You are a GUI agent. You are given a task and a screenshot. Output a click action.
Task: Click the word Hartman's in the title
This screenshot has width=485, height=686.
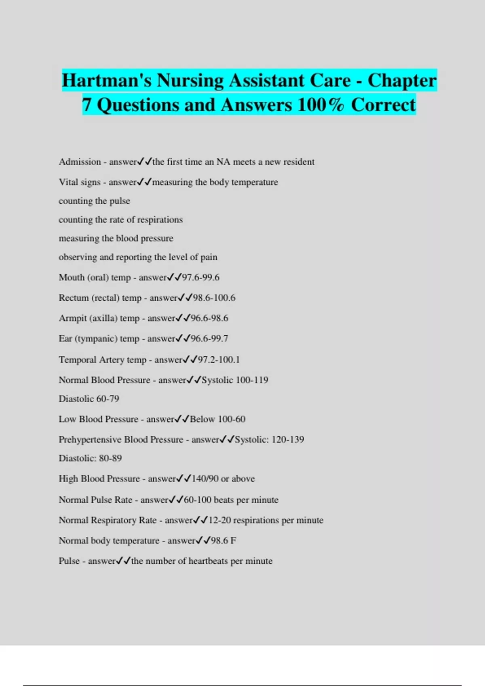(106, 80)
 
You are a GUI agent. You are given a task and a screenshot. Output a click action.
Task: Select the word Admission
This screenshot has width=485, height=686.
(80, 162)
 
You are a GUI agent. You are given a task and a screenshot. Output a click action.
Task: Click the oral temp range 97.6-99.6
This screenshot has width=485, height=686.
(200, 278)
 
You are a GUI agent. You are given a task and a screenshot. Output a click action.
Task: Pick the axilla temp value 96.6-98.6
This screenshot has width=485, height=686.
(209, 318)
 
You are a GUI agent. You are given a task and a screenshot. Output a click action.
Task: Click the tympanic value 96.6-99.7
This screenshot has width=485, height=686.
(209, 339)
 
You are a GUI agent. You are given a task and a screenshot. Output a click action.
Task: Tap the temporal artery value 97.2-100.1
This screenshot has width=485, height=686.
(219, 360)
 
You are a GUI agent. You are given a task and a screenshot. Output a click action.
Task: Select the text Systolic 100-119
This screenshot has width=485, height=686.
(235, 380)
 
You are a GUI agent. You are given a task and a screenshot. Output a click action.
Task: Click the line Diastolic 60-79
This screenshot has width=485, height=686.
(89, 399)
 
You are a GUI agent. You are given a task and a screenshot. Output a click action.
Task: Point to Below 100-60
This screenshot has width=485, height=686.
(217, 419)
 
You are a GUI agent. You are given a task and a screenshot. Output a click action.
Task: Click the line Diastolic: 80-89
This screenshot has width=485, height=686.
(90, 458)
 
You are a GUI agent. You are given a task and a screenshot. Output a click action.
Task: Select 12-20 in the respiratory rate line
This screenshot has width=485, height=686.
(219, 520)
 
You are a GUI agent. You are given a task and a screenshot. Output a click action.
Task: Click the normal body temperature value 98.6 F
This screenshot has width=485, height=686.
(224, 541)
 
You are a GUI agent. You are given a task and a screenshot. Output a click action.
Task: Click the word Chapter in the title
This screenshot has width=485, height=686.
(402, 80)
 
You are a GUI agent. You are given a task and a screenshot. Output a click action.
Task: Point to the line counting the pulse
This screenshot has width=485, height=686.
(94, 201)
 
